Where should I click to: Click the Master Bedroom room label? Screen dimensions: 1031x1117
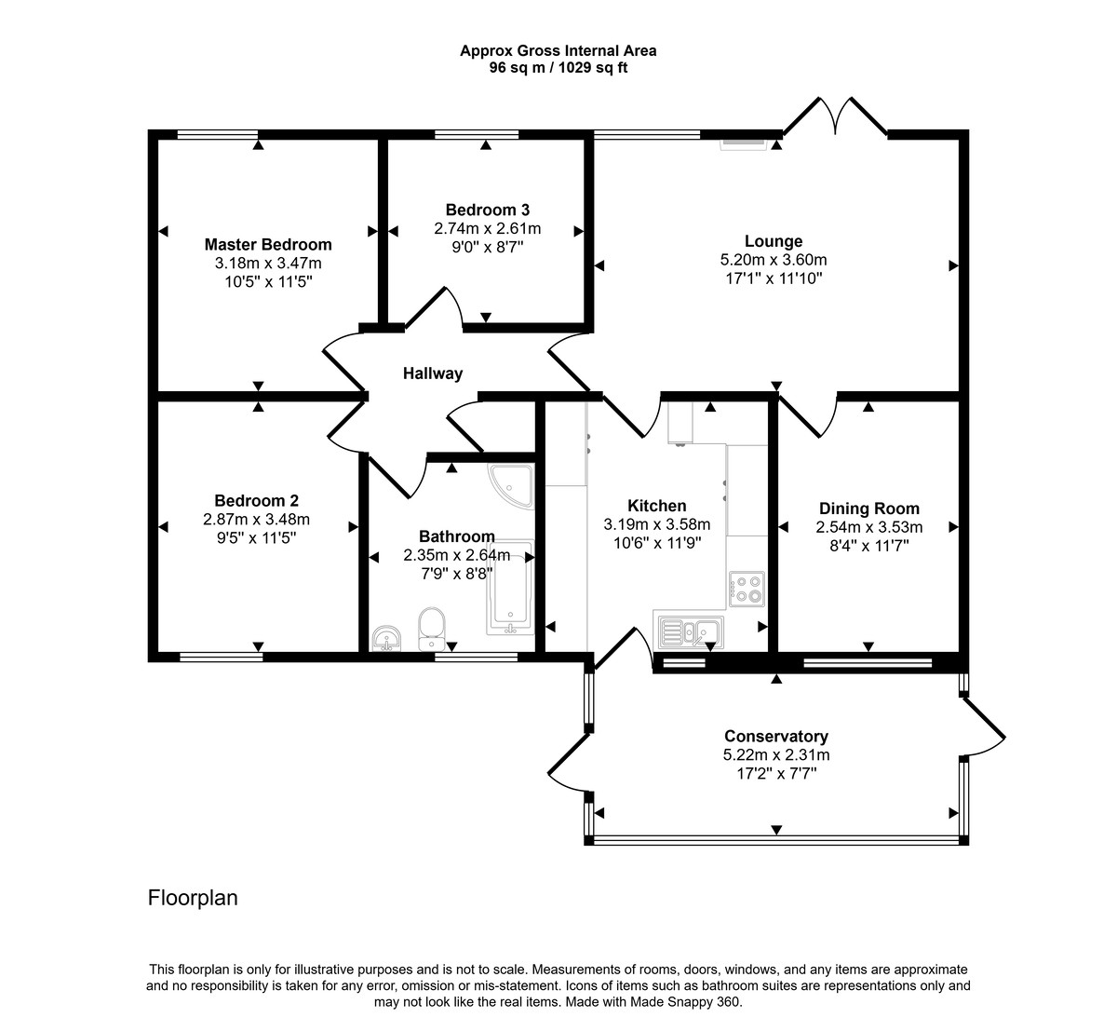[268, 245]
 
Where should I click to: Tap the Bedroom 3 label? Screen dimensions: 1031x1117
[487, 210]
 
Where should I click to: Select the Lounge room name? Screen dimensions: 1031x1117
[773, 241]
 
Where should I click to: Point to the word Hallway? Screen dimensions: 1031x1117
[432, 373]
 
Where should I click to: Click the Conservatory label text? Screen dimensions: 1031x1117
[776, 737]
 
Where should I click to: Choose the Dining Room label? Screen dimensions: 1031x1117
[868, 509]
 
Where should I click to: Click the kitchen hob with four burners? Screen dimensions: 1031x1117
[747, 588]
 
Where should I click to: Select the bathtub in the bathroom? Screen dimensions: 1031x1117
[509, 588]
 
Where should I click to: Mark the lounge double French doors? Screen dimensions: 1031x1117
[833, 116]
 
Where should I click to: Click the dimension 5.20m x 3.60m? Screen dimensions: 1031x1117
[773, 260]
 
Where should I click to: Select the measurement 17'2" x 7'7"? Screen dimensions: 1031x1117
[776, 773]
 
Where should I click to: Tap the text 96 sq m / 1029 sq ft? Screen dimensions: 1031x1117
[558, 68]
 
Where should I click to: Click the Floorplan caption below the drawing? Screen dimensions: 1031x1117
[193, 898]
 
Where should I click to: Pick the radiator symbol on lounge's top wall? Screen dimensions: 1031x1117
[742, 143]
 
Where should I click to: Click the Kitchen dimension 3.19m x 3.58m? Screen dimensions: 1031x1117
[656, 524]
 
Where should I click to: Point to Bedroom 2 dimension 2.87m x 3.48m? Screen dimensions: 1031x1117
[256, 520]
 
